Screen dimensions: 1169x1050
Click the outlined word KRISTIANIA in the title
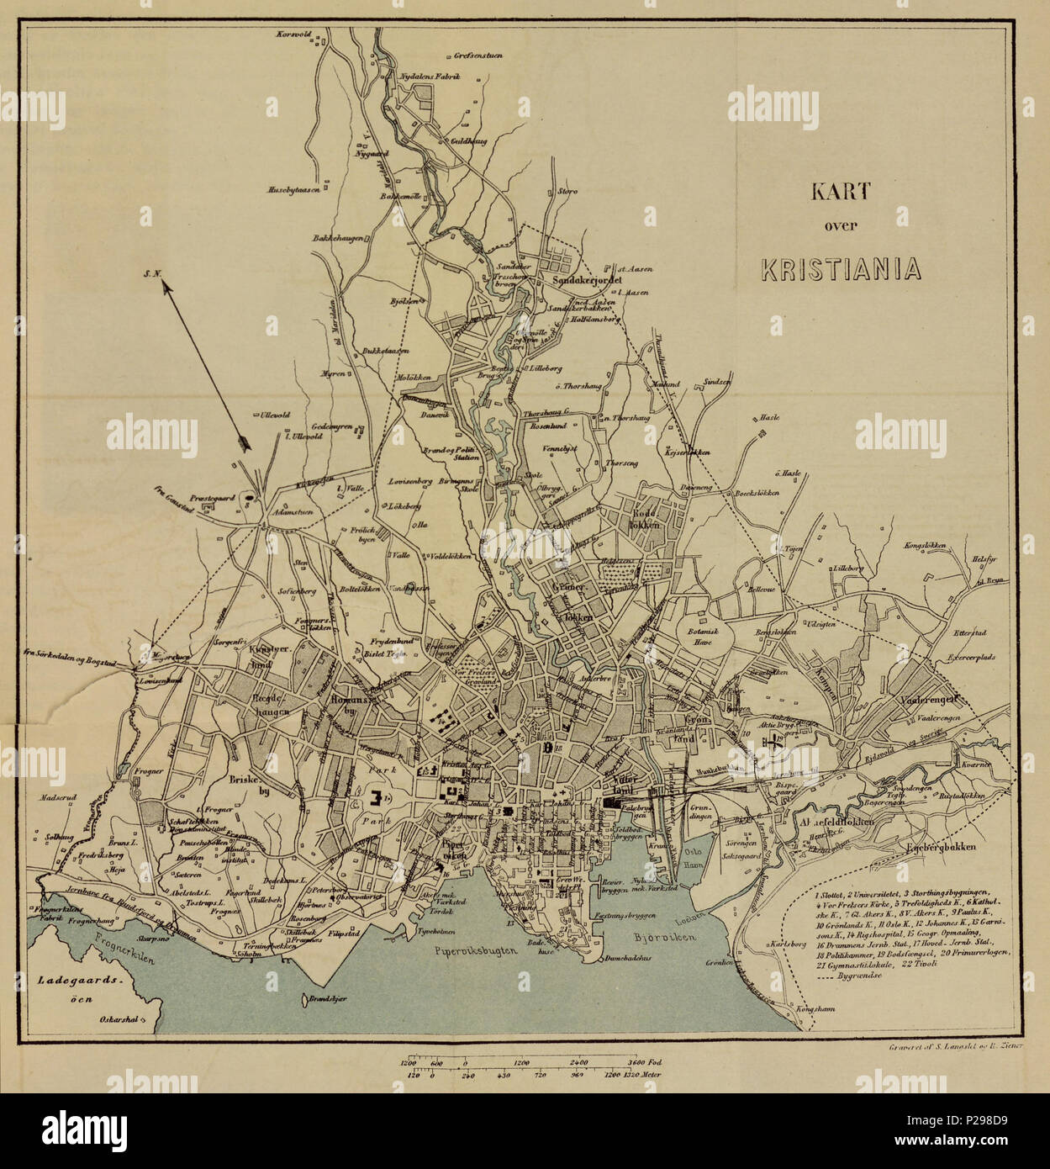tap(841, 268)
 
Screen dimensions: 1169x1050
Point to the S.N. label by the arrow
tap(151, 272)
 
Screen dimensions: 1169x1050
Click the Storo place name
tap(567, 192)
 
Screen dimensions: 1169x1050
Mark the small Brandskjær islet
tap(304, 1002)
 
